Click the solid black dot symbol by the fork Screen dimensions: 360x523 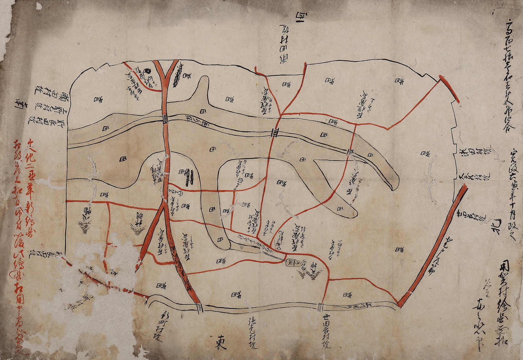click(x=147, y=70)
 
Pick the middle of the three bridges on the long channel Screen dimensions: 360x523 click(x=275, y=132)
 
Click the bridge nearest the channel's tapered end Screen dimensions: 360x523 click(x=350, y=151)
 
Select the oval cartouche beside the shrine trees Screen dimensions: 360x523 click(x=292, y=263)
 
